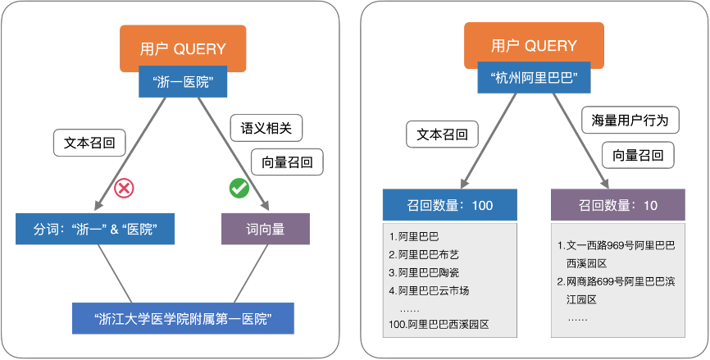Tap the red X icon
pyautogui.click(x=123, y=189)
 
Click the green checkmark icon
pyautogui.click(x=239, y=189)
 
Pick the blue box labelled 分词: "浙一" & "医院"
pyautogui.click(x=95, y=229)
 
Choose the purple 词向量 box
pyautogui.click(x=266, y=229)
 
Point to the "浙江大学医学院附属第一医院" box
pyautogui.click(x=183, y=317)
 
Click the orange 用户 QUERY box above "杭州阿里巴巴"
pyautogui.click(x=533, y=46)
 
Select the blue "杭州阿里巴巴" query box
pyautogui.click(x=534, y=80)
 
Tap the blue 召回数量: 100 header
pyautogui.click(x=449, y=205)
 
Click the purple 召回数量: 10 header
pyautogui.click(x=617, y=205)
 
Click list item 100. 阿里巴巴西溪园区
pyautogui.click(x=439, y=325)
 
